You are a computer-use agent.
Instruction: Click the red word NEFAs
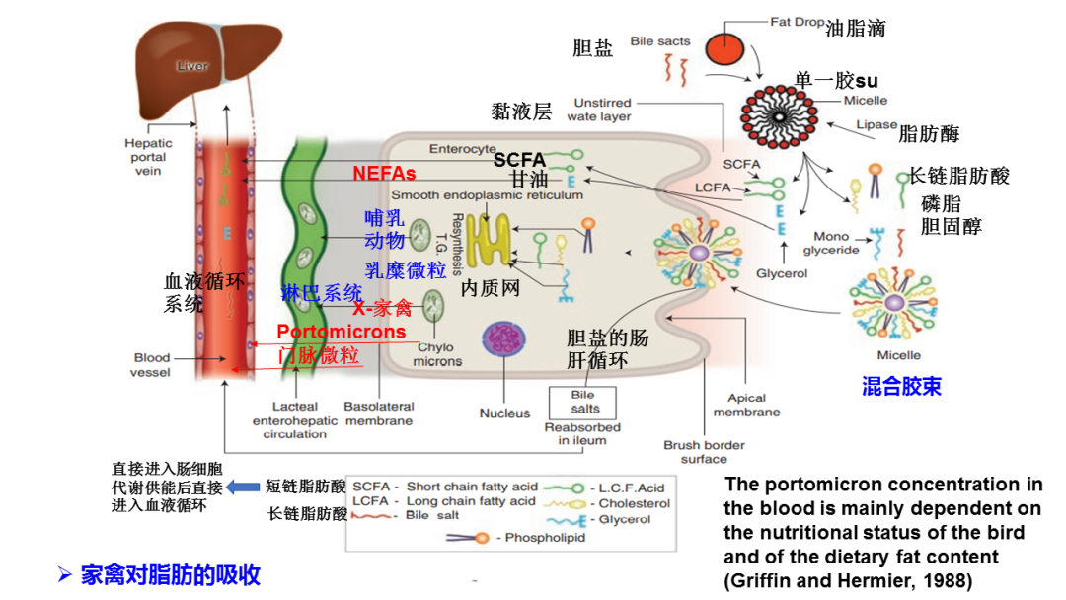[x=384, y=174]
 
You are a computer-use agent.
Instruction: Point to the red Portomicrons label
[x=341, y=332]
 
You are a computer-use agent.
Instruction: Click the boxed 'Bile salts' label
[x=583, y=401]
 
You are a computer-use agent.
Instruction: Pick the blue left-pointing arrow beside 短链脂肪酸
[x=242, y=487]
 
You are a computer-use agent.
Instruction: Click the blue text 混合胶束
[x=901, y=386]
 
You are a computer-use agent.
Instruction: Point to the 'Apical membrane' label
[x=746, y=406]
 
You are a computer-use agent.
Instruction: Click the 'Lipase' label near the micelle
[x=876, y=125]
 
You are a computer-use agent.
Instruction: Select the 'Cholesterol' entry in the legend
[x=634, y=503]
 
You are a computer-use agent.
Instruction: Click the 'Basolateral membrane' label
[x=378, y=413]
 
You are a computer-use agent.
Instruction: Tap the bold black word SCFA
[x=519, y=159]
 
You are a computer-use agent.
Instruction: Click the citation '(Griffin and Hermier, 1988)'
[x=848, y=579]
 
